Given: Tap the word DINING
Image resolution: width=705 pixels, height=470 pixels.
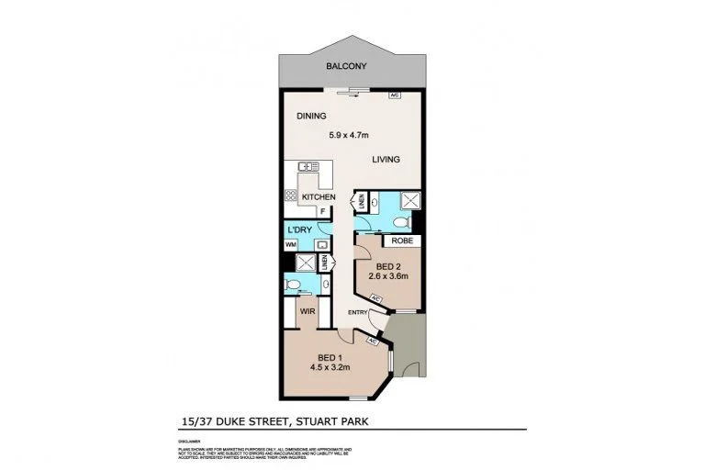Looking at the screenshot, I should click(x=311, y=117).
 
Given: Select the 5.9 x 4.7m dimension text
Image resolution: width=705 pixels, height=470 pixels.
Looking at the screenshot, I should click(x=349, y=135).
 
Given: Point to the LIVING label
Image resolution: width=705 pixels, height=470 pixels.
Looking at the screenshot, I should click(x=386, y=159).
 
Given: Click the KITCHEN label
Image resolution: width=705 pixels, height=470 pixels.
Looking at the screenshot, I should click(x=318, y=197).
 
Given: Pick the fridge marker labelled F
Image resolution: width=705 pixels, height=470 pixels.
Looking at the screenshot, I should click(x=322, y=211).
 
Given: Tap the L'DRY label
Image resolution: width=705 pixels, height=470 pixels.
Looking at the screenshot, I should click(x=300, y=229).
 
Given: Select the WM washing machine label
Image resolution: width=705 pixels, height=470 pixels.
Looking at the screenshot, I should click(x=290, y=244).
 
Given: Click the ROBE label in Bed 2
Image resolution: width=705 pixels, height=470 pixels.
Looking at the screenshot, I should click(x=400, y=241).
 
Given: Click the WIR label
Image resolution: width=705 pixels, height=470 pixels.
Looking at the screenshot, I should click(x=308, y=311).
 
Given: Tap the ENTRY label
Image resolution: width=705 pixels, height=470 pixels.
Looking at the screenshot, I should click(x=357, y=312).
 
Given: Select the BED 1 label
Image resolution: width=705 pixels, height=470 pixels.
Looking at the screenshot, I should click(x=330, y=357).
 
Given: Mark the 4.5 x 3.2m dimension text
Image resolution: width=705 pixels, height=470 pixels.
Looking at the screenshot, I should click(x=330, y=369).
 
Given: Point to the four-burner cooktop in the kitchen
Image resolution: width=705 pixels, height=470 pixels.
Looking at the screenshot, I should click(x=292, y=196).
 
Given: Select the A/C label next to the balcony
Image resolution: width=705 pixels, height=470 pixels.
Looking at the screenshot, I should click(x=394, y=95).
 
